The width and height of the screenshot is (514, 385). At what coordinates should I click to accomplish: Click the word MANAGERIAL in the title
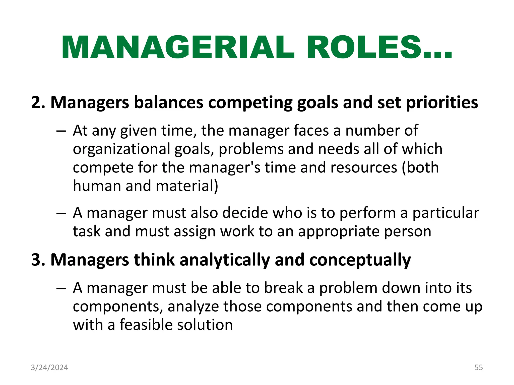point(178,48)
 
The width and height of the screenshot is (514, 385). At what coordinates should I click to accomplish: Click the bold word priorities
point(442,103)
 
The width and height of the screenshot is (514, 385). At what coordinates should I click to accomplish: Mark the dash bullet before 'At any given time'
point(61,131)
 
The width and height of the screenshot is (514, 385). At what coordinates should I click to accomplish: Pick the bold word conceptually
point(360,260)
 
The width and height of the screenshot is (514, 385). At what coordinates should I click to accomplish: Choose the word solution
point(205,325)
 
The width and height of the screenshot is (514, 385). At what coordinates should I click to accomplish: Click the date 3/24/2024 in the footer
point(49,367)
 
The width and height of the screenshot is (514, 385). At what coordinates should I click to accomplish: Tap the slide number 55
point(478,367)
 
